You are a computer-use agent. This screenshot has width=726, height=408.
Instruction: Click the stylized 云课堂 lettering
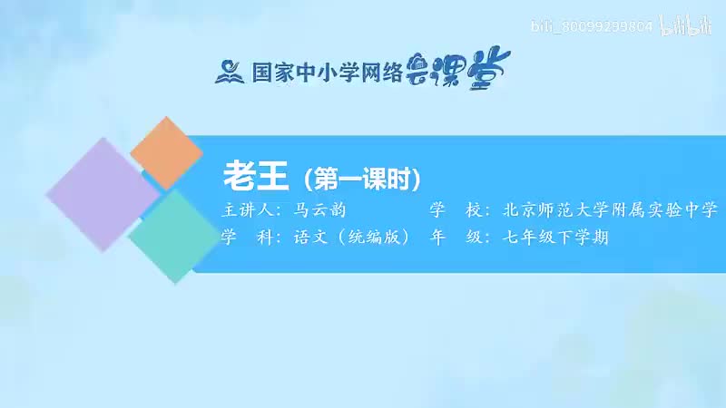(x=466, y=66)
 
